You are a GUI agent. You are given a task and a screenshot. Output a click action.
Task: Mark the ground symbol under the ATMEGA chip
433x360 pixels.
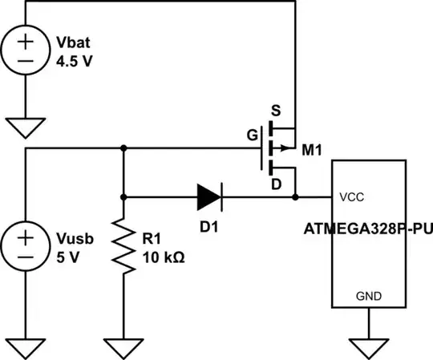[x=368, y=346]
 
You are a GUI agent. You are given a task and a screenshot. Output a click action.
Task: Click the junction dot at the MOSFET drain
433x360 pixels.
[x=296, y=196]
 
